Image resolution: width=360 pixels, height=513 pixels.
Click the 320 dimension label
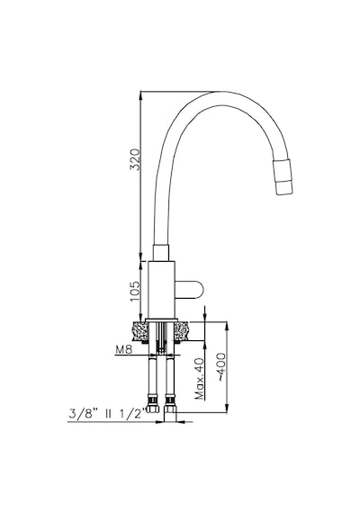[135, 159]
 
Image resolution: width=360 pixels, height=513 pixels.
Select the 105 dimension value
[135, 292]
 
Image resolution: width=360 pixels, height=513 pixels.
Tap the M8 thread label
[123, 350]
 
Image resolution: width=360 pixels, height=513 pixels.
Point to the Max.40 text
[199, 379]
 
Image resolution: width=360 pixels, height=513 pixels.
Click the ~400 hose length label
[221, 367]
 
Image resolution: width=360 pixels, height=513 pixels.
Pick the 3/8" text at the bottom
[83, 413]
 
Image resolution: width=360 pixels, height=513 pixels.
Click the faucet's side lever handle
[189, 290]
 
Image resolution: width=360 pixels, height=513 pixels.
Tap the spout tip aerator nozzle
[283, 176]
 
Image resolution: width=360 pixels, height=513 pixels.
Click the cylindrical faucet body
[161, 290]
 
